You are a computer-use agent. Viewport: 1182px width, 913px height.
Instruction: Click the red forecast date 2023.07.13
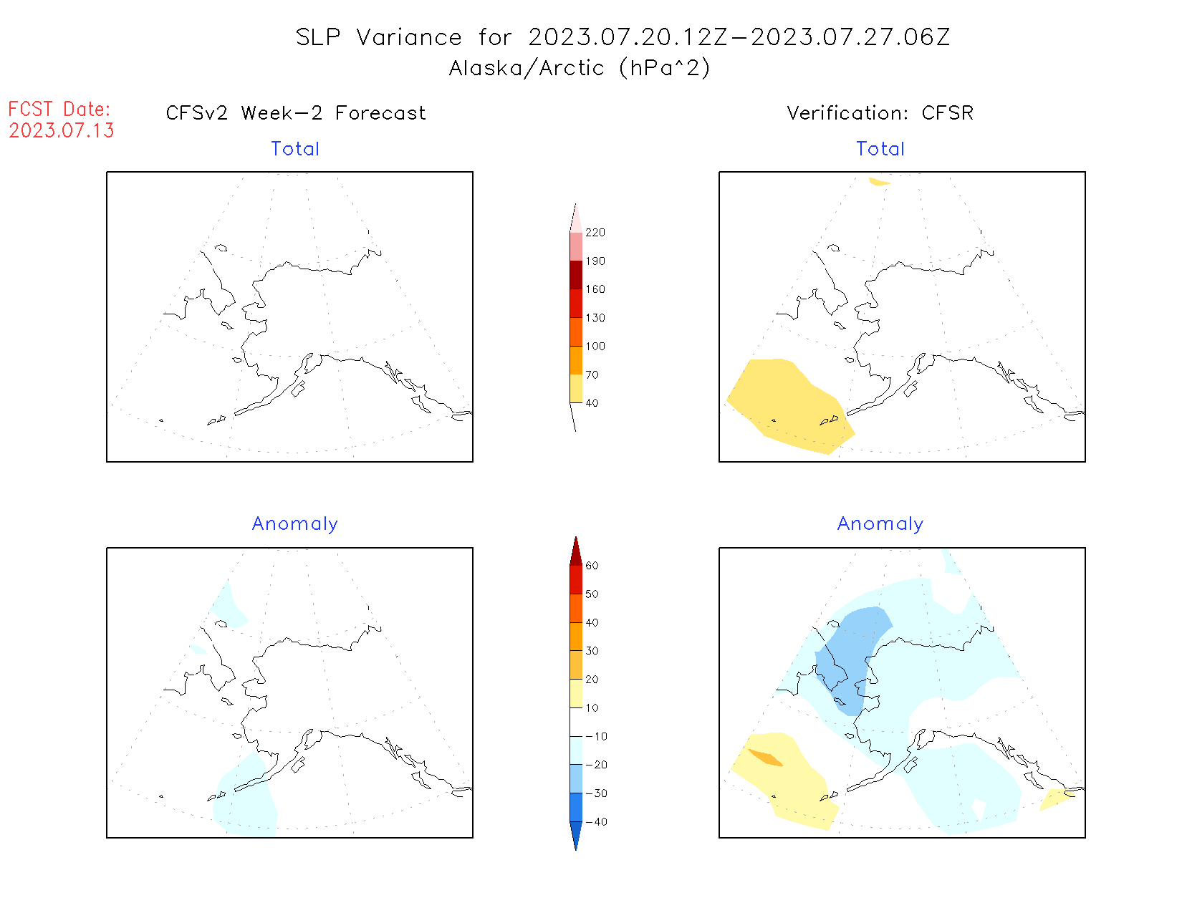click(x=62, y=130)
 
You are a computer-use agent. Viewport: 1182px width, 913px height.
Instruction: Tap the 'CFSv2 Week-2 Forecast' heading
click(x=295, y=113)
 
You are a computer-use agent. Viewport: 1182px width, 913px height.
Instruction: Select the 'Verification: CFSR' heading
click(x=880, y=113)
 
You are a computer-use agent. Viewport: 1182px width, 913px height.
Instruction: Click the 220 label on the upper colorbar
click(x=595, y=233)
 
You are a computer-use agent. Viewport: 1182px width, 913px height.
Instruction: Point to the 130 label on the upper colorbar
click(x=595, y=318)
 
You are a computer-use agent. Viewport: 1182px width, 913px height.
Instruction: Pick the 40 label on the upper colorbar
click(x=592, y=403)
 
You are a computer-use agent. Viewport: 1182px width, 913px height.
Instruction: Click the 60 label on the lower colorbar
click(x=592, y=566)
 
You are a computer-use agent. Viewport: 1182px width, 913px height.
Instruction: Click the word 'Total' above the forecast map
click(x=295, y=149)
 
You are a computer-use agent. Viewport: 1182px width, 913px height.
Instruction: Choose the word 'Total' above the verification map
click(x=880, y=149)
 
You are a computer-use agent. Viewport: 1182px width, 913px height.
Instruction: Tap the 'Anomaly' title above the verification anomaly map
click(x=880, y=524)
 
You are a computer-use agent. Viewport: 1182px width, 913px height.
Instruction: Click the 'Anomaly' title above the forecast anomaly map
click(x=295, y=524)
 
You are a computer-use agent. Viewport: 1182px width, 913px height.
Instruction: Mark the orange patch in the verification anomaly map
click(x=765, y=757)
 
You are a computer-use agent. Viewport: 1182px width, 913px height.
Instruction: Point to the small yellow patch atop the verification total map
click(x=879, y=182)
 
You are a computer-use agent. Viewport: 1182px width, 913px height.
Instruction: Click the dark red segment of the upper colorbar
click(x=576, y=275)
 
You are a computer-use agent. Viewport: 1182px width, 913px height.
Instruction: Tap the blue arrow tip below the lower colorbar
click(x=576, y=838)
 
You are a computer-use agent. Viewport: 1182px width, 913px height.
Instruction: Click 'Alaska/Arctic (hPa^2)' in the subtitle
click(x=580, y=68)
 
